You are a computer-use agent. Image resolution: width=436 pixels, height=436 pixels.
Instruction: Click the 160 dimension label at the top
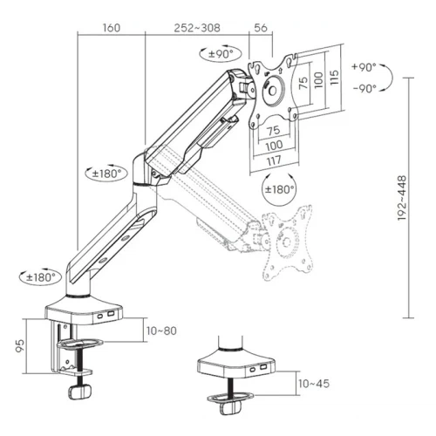(112, 28)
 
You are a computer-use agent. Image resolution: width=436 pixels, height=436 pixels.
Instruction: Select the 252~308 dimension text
(197, 28)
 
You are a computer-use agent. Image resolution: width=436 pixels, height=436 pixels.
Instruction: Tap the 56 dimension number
(261, 28)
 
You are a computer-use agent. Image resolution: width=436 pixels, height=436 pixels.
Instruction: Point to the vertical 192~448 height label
(402, 198)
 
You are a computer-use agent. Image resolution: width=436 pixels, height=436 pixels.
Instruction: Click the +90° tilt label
(364, 67)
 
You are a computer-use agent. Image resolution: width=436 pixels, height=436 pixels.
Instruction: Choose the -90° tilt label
(364, 88)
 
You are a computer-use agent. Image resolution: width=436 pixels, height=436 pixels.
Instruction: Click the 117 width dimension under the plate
(274, 160)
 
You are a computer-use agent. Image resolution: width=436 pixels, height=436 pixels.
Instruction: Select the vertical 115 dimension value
(335, 78)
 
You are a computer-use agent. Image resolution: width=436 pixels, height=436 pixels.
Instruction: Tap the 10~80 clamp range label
(161, 330)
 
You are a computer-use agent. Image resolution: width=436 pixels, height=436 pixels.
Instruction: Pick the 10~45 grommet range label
(314, 384)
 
